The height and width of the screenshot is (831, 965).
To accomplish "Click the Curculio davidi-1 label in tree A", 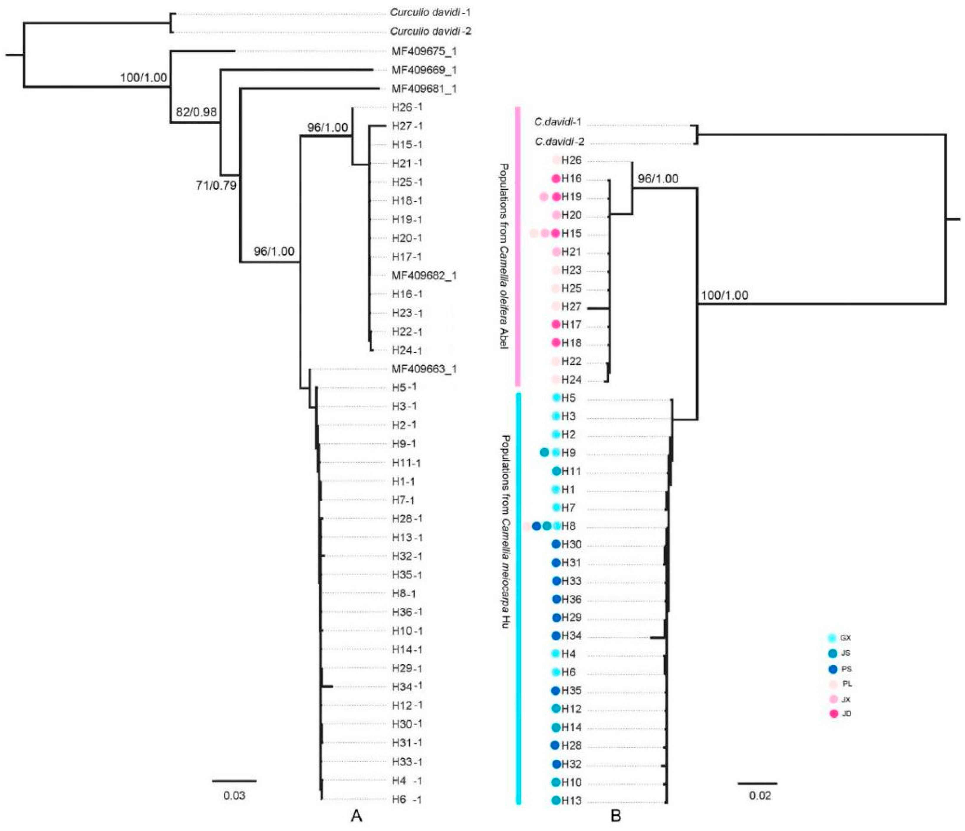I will point(430,13).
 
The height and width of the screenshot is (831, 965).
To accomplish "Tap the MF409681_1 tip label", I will point(424,88).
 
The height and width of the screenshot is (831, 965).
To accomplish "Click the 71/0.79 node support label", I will point(216,185).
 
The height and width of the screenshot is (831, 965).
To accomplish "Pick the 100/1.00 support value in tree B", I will point(724,295).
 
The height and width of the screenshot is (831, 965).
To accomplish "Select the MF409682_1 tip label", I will point(424,276).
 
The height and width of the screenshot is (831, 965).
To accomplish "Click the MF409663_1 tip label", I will point(424,369).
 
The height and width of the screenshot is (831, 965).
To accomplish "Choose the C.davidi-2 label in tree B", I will point(559,141).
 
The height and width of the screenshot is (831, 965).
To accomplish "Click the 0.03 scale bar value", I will point(234,795).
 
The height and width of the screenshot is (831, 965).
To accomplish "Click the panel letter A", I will point(356,815).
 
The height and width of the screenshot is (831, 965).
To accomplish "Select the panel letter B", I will point(616,815).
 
